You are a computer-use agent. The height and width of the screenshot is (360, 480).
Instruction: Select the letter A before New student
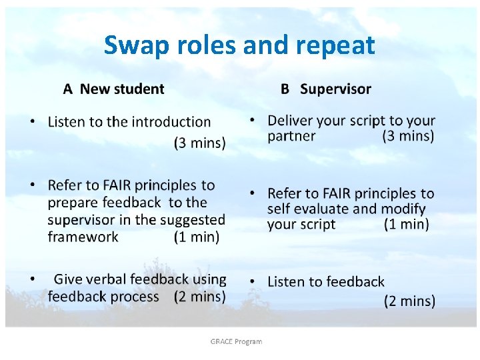pyautogui.click(x=67, y=89)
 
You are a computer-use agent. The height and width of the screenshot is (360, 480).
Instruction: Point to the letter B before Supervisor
pyautogui.click(x=285, y=89)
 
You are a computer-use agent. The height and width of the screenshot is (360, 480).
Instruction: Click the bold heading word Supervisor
pyautogui.click(x=335, y=89)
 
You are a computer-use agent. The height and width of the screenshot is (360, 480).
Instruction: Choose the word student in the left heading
pyautogui.click(x=139, y=89)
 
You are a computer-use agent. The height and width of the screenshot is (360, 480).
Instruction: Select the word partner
pyautogui.click(x=291, y=137)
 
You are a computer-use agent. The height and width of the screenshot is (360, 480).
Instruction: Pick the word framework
pyautogui.click(x=83, y=237)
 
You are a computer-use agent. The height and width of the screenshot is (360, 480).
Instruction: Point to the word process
pyautogui.click(x=135, y=297)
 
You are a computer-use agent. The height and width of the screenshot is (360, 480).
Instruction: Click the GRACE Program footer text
pyautogui.click(x=236, y=341)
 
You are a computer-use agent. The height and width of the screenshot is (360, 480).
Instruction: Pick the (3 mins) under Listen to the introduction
pyautogui.click(x=199, y=143)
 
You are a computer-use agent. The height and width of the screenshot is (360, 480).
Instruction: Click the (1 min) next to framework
pyautogui.click(x=197, y=237)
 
